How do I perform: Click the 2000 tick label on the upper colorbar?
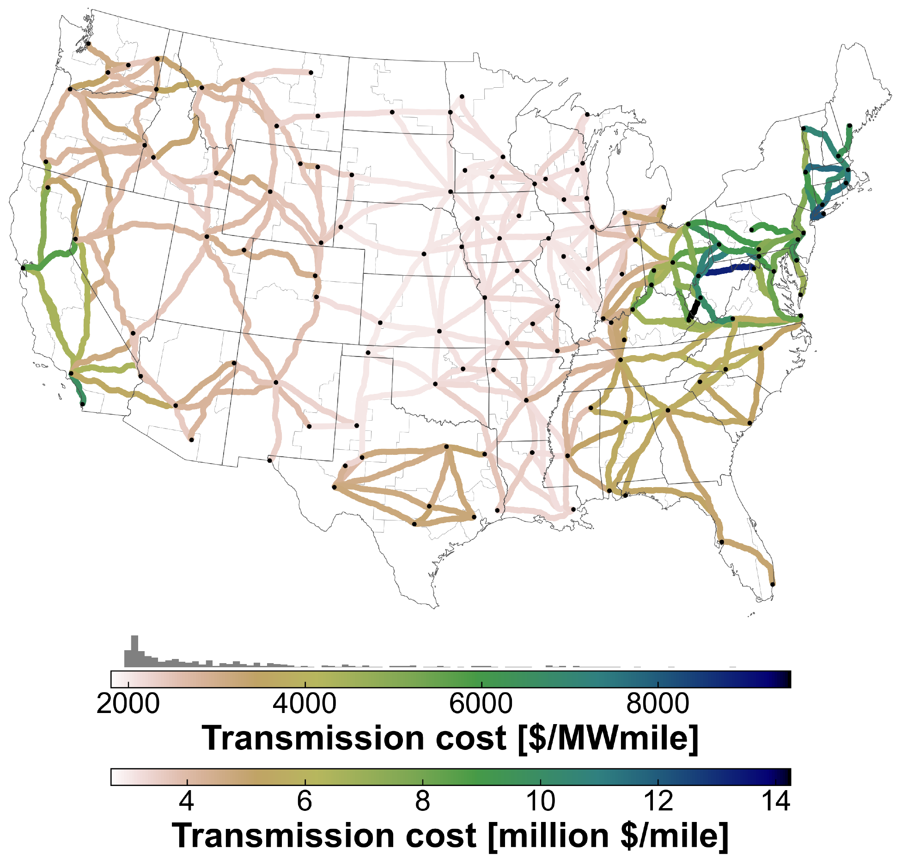(x=128, y=704)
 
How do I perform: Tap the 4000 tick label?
(x=304, y=704)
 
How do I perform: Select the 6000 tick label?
(x=481, y=704)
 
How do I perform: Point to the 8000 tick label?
(x=657, y=704)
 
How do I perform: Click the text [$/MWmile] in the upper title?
(x=608, y=738)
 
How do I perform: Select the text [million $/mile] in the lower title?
(x=608, y=835)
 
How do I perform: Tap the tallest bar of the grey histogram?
(x=134, y=651)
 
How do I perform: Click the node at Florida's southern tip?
(x=773, y=585)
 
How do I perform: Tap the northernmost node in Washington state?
(x=89, y=44)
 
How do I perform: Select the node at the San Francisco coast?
(x=23, y=268)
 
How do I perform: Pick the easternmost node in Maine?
(x=849, y=126)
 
